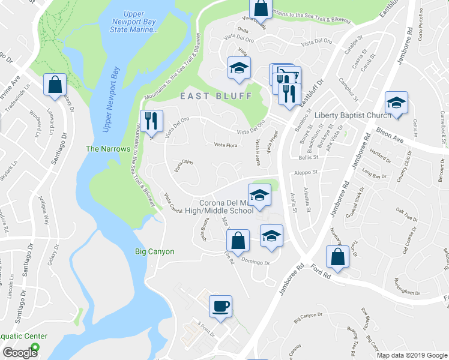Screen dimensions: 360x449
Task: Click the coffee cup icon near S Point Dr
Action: click(x=220, y=306)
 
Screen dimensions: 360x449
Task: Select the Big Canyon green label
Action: click(x=154, y=251)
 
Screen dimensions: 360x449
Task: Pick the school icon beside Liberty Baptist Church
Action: click(x=397, y=102)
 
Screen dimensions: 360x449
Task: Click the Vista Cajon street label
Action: click(x=184, y=165)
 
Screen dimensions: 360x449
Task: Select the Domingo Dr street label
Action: click(x=256, y=261)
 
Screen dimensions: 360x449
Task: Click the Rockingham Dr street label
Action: click(x=408, y=291)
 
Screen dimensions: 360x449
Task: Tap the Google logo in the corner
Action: click(x=20, y=352)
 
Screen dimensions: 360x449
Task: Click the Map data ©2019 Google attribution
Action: click(x=412, y=355)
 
